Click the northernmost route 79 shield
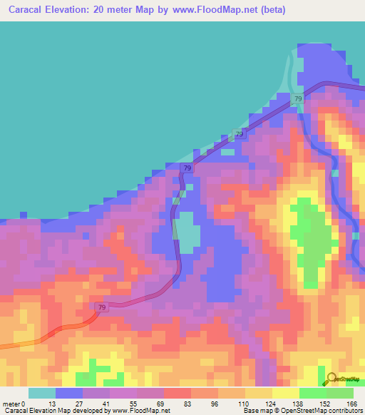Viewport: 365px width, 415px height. tap(298, 98)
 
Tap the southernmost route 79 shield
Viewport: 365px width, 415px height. tap(101, 307)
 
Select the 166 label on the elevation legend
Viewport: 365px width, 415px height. tap(351, 404)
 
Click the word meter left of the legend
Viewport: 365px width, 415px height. tap(11, 404)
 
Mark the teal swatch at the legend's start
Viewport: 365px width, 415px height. tap(42, 393)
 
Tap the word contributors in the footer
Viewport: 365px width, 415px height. tap(344, 411)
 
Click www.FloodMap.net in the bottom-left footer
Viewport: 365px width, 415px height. tap(140, 411)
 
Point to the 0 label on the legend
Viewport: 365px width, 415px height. tap(24, 404)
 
